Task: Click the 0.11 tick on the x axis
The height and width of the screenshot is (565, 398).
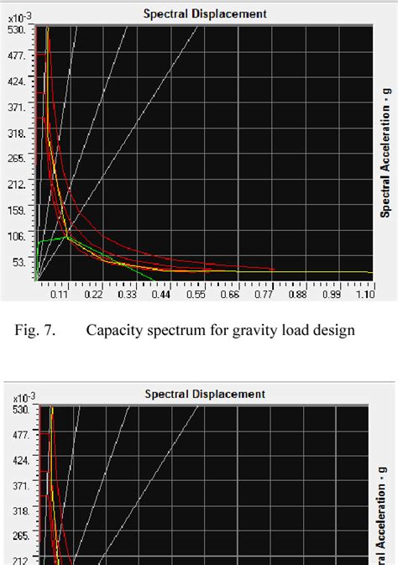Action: click(x=60, y=295)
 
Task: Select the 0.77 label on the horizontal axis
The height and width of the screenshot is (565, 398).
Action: click(x=264, y=295)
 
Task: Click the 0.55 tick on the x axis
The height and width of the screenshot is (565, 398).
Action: click(x=196, y=295)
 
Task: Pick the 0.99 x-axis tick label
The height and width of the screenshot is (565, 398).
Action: click(x=332, y=295)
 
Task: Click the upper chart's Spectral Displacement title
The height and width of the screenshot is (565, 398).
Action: click(x=205, y=13)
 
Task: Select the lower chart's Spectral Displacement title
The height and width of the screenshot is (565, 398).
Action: click(x=205, y=393)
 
